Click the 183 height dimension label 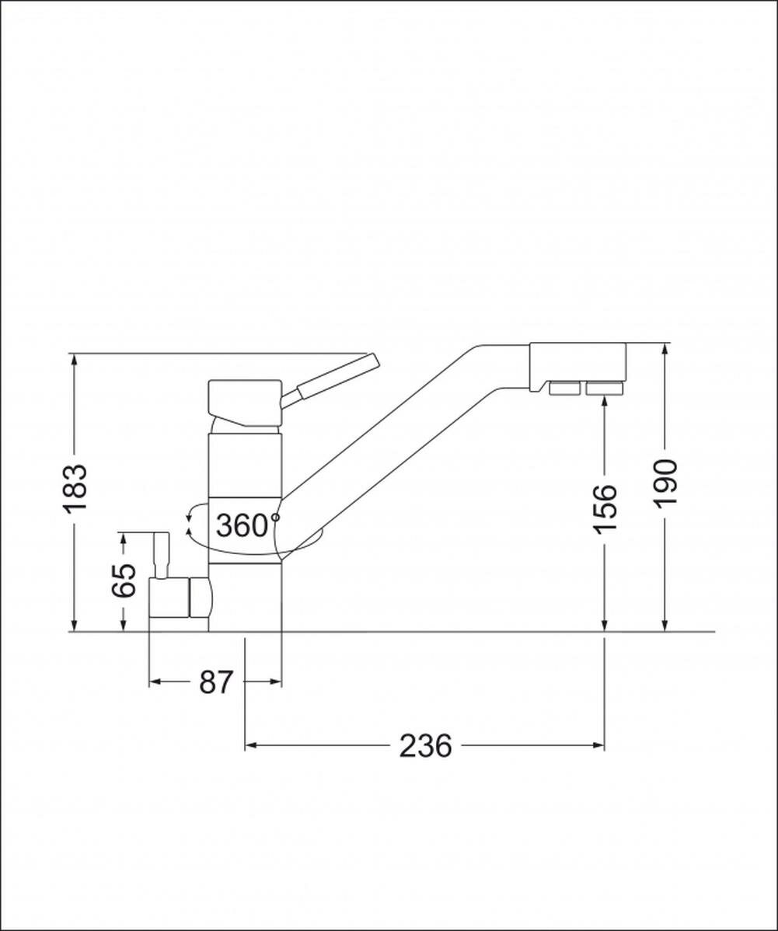point(76,488)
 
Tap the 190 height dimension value point(666,483)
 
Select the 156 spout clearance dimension point(605,509)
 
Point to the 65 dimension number point(124,580)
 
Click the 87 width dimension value point(215,682)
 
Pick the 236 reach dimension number point(425,746)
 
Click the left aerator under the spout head point(565,389)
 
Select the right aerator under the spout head point(605,389)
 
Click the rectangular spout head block point(577,363)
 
